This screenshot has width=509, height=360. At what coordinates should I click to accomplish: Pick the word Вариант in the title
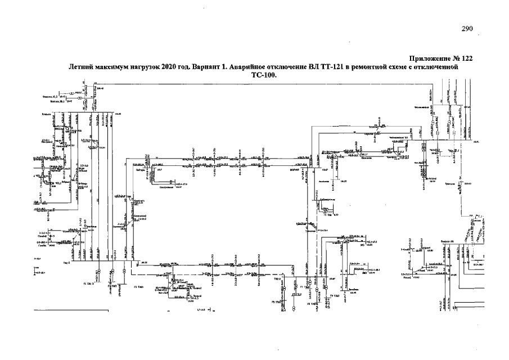(205, 67)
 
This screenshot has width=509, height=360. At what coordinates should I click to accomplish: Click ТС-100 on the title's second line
(263, 76)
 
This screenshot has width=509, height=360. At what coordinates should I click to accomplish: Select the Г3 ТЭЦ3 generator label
(139, 287)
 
